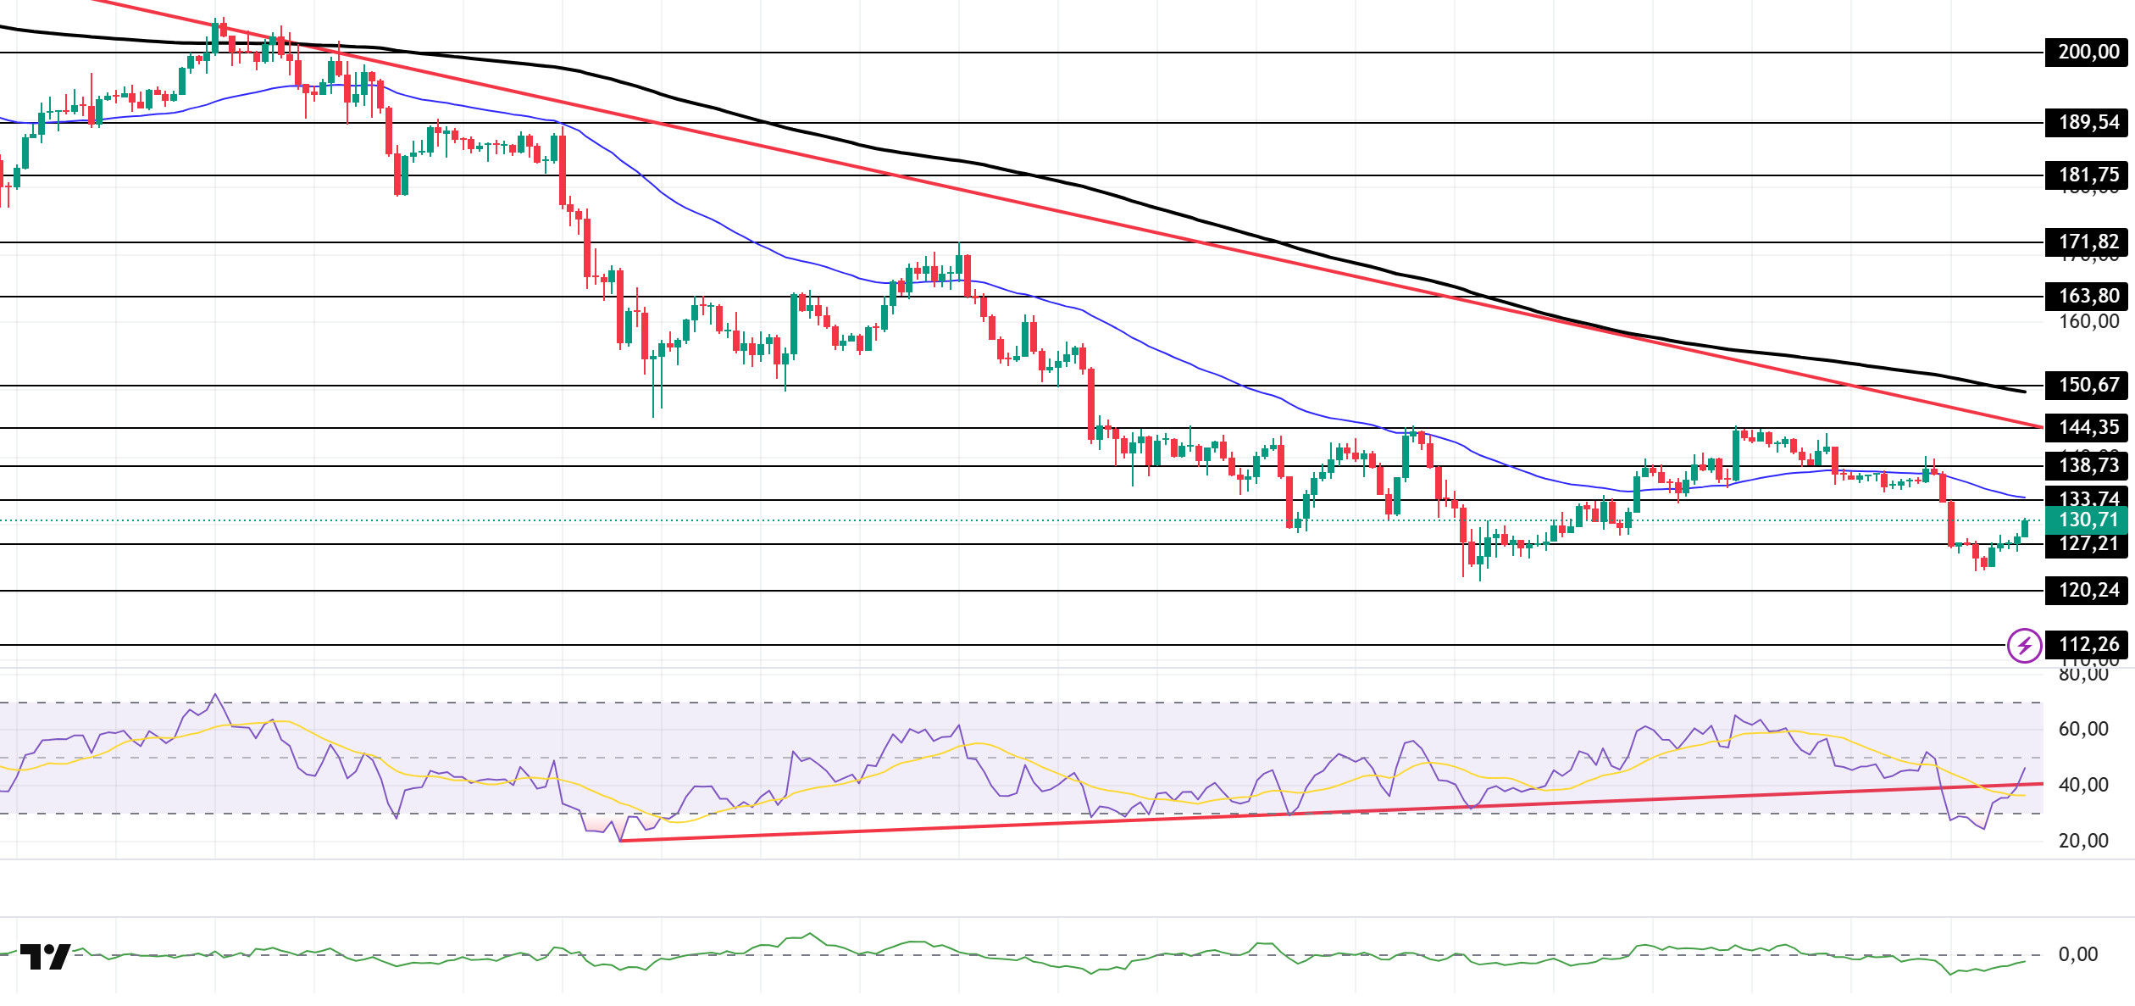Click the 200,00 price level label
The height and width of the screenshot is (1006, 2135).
pos(2088,53)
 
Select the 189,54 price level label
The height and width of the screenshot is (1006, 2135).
pos(2088,123)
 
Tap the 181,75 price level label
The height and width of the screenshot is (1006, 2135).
pos(2088,175)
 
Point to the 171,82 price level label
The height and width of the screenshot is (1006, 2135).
pos(2088,242)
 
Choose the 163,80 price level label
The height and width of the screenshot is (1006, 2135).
pos(2088,297)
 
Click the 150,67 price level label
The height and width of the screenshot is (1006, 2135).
pos(2088,386)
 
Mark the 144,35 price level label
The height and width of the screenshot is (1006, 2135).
pos(2088,428)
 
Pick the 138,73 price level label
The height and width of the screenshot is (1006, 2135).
pos(2088,465)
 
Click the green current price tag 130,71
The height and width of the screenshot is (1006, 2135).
pos(2088,520)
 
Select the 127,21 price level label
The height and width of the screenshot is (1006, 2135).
pos(2088,544)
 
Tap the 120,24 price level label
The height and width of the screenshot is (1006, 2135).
pos(2088,591)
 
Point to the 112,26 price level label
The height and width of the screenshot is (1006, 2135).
pos(2088,645)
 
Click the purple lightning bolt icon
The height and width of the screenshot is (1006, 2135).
pos(2024,646)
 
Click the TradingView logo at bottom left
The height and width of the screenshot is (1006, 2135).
pos(45,957)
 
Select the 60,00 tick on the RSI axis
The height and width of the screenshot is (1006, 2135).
pos(2083,730)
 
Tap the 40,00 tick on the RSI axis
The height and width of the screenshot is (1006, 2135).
pos(2083,786)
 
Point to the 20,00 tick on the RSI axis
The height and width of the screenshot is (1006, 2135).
pos(2083,842)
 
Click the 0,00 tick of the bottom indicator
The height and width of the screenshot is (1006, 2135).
pos(2078,955)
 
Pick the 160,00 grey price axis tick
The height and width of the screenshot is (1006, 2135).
pos(2088,322)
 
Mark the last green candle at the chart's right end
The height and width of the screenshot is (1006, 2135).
pos(2025,529)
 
